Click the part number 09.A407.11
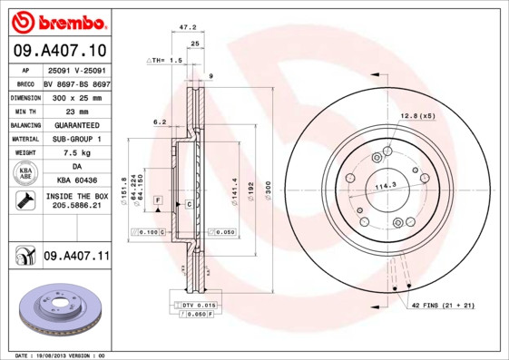[x=76, y=258]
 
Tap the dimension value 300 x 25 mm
[x=76, y=96]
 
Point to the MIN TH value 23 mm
[x=76, y=110]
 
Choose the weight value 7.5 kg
[x=76, y=153]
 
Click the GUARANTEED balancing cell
[x=76, y=124]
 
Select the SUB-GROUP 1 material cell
[x=76, y=139]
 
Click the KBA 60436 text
[x=76, y=181]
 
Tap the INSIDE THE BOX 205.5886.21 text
[x=76, y=201]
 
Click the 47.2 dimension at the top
[x=191, y=28]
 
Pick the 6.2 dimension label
[x=160, y=122]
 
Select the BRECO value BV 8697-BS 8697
[x=76, y=83]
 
